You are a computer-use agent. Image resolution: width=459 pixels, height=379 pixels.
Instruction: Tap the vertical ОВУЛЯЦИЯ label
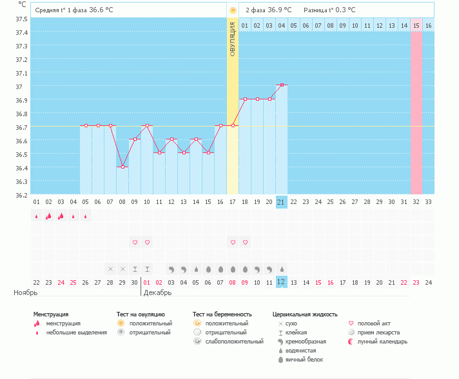coord(233,39)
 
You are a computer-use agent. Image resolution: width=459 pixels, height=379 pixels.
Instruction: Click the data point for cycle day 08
coord(122,167)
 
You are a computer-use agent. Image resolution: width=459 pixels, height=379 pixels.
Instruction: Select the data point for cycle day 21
coord(282,85)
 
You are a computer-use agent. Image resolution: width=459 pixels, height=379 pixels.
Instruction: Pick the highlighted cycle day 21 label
coord(281,202)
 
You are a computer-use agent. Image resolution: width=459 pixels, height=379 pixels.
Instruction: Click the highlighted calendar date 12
coord(281,282)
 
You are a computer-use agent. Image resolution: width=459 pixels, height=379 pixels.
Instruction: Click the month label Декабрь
coord(158,292)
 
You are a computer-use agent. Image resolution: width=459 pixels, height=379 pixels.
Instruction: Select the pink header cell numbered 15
coord(416,25)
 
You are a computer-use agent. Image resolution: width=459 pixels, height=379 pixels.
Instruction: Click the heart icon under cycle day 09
coord(135,242)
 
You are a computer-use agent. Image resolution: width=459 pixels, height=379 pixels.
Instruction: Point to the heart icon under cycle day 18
coord(245,242)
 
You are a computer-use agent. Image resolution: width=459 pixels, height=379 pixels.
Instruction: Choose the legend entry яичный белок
coord(308,359)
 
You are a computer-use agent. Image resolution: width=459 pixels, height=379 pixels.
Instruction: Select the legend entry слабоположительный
coord(229,341)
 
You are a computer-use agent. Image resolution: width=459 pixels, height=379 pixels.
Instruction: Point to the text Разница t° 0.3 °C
coord(329,10)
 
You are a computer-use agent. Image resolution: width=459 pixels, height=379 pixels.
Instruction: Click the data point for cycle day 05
coord(86,126)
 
